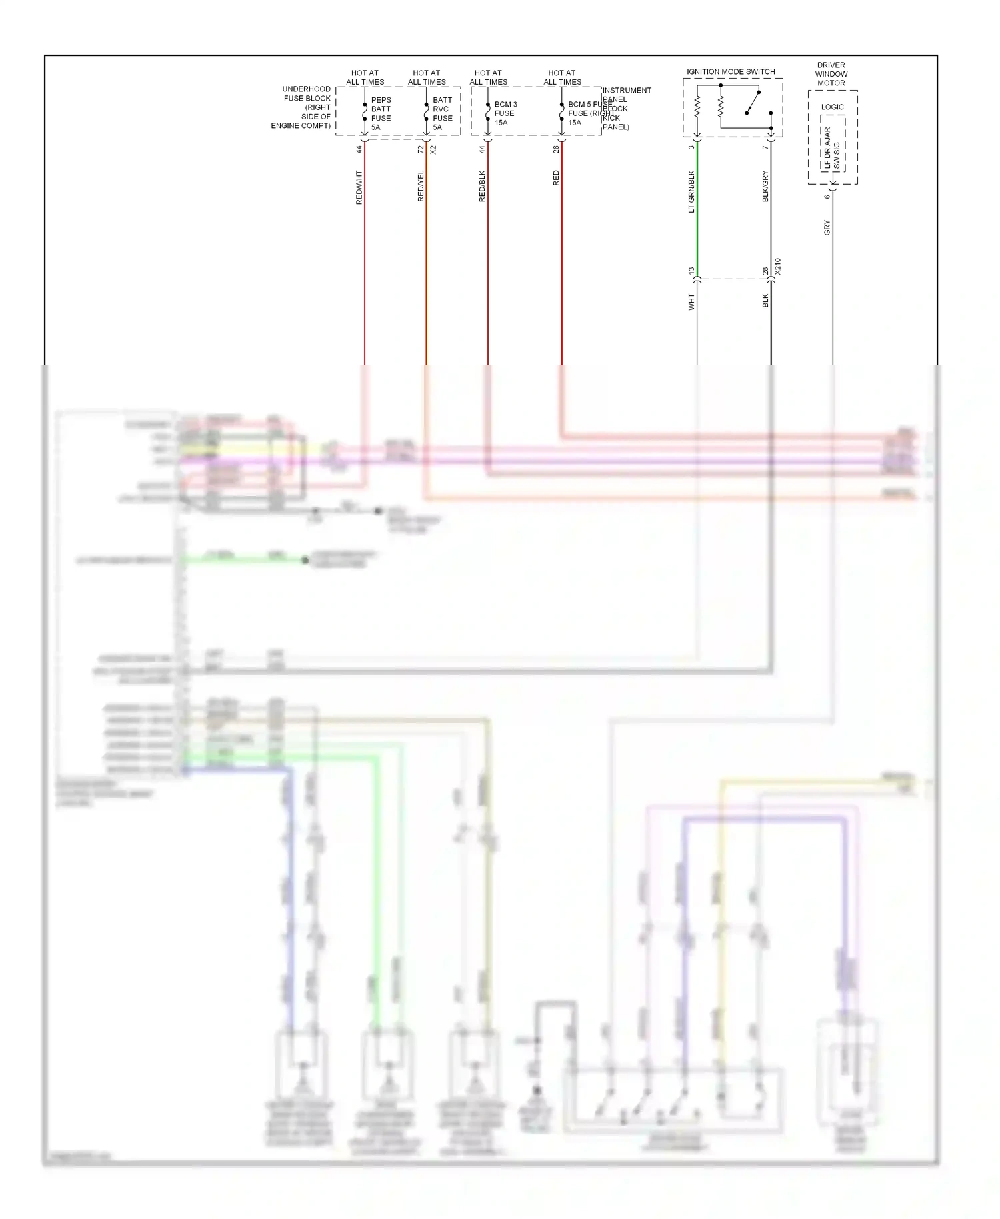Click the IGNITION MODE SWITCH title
pos(731,71)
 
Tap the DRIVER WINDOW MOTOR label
pos(831,74)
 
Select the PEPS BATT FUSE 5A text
pos(381,113)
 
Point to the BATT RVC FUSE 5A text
pos(442,113)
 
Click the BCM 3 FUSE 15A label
pos(505,113)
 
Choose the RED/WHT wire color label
pos(359,187)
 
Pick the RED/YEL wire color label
pos(421,186)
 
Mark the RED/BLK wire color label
pos(482,187)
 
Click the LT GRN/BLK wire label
pos(691,192)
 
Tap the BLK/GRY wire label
pos(765,187)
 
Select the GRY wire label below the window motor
pos(827,227)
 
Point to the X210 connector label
pos(777,267)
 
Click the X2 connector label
pos(433,150)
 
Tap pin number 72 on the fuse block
pos(421,150)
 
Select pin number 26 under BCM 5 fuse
pos(556,150)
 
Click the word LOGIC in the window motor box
pos(832,107)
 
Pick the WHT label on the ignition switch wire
pos(691,302)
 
